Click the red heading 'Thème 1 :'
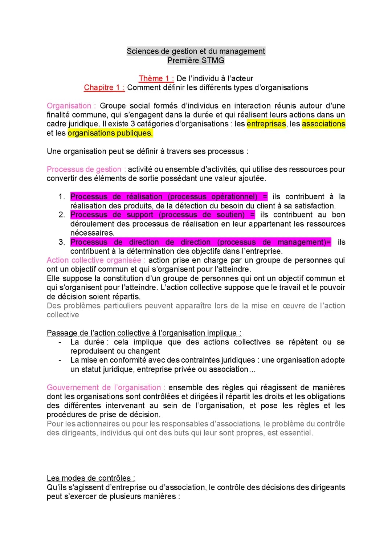pos(156,78)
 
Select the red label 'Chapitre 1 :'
pos(104,87)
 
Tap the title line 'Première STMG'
pos(196,61)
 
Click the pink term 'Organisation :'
pos(71,106)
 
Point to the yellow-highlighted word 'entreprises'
pos(266,124)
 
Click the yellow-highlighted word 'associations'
pos(323,124)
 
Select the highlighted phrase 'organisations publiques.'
pos(110,133)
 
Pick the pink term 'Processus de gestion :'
pos(86,169)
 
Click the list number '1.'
pos(62,197)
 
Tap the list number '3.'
pos(62,242)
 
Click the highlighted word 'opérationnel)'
pos(234,197)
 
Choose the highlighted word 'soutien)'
pos(230,215)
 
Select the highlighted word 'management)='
pos(304,242)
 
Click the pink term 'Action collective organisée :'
pos(96,260)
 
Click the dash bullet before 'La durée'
pos(60,342)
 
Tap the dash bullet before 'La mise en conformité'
pos(60,360)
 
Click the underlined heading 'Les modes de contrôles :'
pos(91,478)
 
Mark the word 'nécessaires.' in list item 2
pos(92,233)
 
